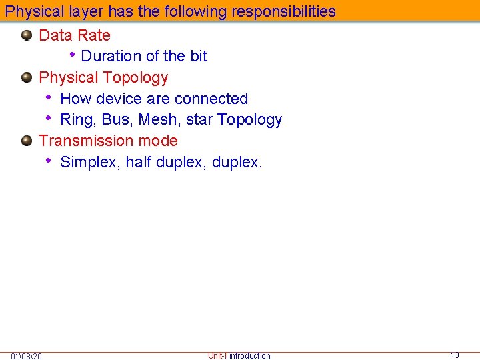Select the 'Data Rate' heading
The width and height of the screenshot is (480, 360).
[x=75, y=35]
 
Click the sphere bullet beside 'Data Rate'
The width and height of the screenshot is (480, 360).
[x=27, y=35]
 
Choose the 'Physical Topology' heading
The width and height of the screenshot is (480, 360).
[x=103, y=77]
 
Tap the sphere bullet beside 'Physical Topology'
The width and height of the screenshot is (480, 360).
[x=27, y=77]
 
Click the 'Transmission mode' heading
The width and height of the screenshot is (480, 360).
[x=108, y=141]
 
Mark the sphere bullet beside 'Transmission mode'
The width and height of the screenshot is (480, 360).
[x=27, y=141]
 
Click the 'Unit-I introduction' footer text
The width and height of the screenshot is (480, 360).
[x=239, y=356]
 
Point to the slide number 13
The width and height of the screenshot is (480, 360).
[x=455, y=355]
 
